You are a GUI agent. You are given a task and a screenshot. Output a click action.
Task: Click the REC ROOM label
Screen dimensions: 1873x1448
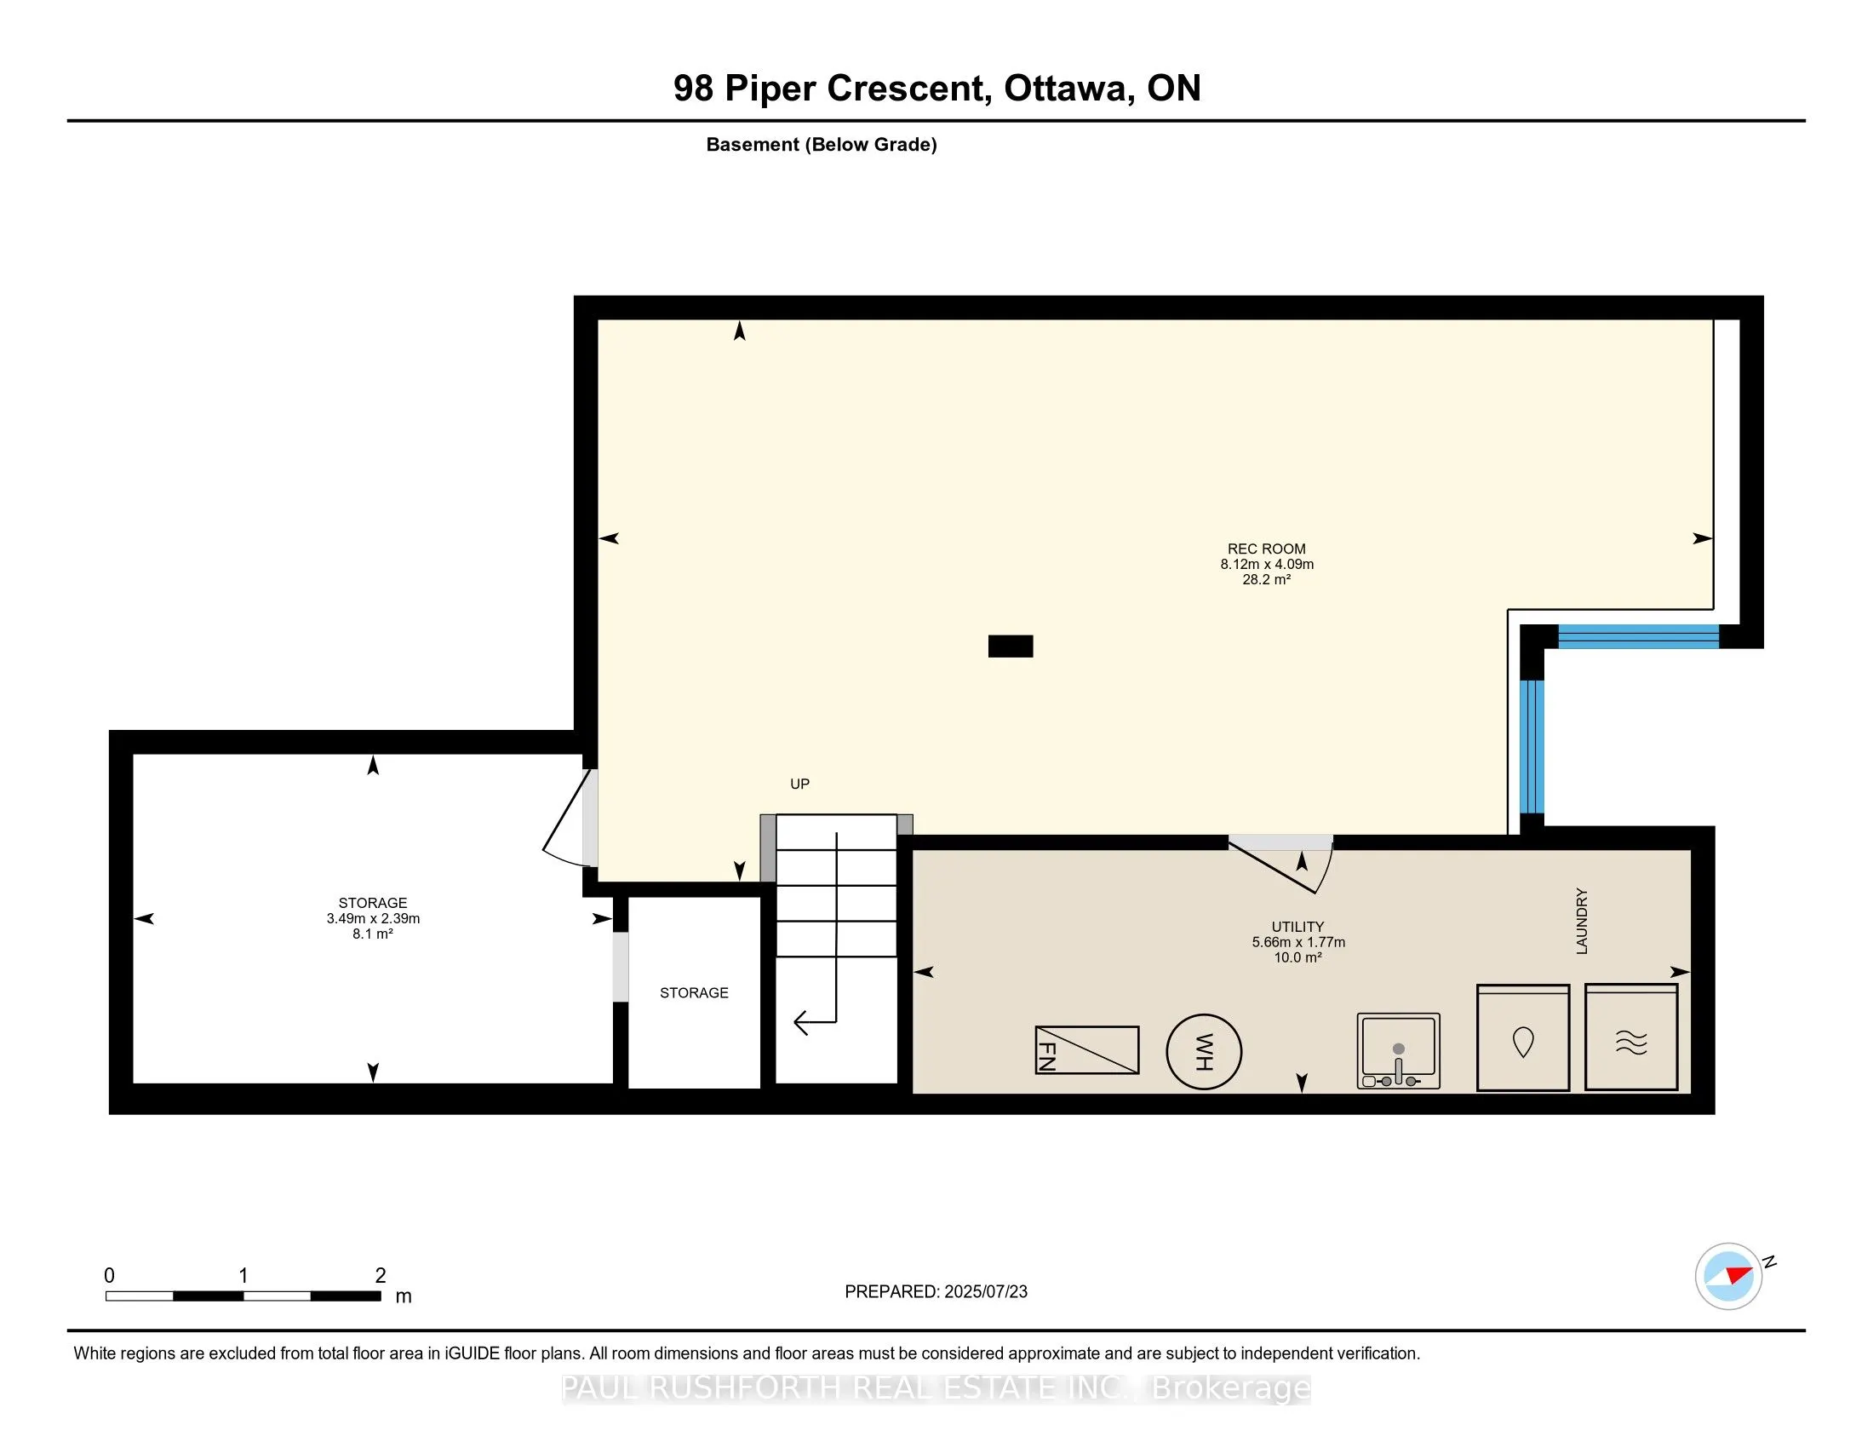point(1266,549)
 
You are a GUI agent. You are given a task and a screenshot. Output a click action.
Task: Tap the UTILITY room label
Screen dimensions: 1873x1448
point(1297,927)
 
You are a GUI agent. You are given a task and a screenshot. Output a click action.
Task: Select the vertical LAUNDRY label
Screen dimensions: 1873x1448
point(1583,922)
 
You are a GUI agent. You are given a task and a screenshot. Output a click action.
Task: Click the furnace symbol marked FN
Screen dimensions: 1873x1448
point(1086,1050)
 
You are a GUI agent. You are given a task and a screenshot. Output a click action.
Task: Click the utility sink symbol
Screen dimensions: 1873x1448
point(1398,1051)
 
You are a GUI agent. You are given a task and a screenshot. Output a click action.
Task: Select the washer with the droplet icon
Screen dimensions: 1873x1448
point(1523,1038)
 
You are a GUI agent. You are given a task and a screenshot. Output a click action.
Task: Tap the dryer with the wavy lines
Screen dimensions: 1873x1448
point(1631,1038)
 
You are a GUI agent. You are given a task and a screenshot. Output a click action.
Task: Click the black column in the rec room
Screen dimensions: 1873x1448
point(1011,646)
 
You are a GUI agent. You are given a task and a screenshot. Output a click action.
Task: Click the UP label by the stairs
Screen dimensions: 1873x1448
point(799,784)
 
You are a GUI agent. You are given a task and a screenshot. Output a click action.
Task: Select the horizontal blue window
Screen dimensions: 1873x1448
point(1638,636)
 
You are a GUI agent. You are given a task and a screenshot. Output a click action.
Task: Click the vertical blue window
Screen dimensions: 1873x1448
point(1532,746)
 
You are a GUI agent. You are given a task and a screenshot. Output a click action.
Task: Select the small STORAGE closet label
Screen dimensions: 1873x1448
point(694,992)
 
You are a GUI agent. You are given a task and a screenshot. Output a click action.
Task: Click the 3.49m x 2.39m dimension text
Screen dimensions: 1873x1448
point(373,919)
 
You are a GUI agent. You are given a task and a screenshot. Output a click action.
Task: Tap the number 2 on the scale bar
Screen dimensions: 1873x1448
point(381,1276)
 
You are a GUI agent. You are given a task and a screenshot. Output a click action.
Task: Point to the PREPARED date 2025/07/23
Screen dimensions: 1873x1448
point(985,1292)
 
